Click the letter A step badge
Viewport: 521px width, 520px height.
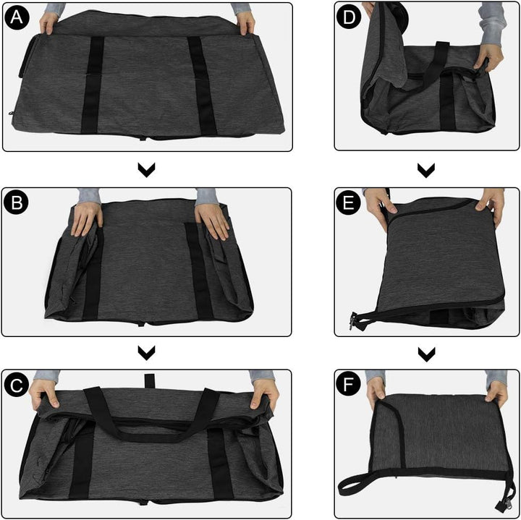(x=17, y=17)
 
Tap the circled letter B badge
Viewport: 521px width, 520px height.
(x=17, y=203)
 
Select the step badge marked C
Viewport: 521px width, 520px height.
(x=17, y=385)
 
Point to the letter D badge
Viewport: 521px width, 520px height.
(x=349, y=16)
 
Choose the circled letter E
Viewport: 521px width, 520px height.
(x=349, y=203)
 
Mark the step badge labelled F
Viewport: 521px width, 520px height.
(x=348, y=385)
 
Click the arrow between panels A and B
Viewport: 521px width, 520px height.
(x=146, y=170)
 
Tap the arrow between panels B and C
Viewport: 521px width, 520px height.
(x=146, y=353)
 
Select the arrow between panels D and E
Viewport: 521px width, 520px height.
(x=426, y=170)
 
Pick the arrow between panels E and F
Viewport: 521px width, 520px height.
(x=427, y=354)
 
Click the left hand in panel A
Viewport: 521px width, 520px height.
(x=49, y=22)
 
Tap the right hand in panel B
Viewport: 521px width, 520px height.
(x=211, y=221)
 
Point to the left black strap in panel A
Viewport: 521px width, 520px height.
(x=92, y=85)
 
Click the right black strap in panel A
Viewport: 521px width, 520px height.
(x=203, y=85)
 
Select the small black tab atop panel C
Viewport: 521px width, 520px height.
(x=150, y=381)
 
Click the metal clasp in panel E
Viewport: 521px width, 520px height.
(x=354, y=322)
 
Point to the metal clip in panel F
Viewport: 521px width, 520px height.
(x=501, y=506)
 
